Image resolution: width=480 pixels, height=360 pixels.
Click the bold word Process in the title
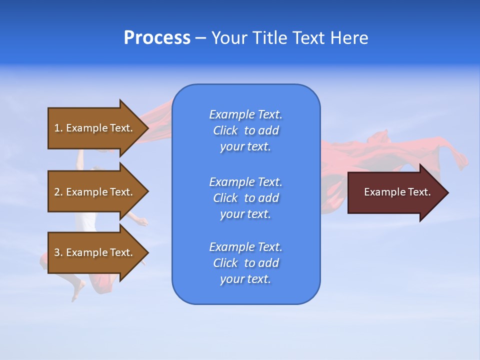coord(157,38)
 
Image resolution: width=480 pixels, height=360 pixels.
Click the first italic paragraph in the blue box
coord(246,130)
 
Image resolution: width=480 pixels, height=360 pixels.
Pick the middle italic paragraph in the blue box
coord(246,198)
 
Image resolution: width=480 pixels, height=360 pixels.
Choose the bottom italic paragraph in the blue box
coord(246,263)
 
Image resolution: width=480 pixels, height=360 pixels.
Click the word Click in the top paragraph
coord(225,131)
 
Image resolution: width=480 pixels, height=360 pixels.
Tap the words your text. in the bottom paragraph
coord(245,279)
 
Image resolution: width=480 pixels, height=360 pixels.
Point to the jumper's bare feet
coord(78,290)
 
